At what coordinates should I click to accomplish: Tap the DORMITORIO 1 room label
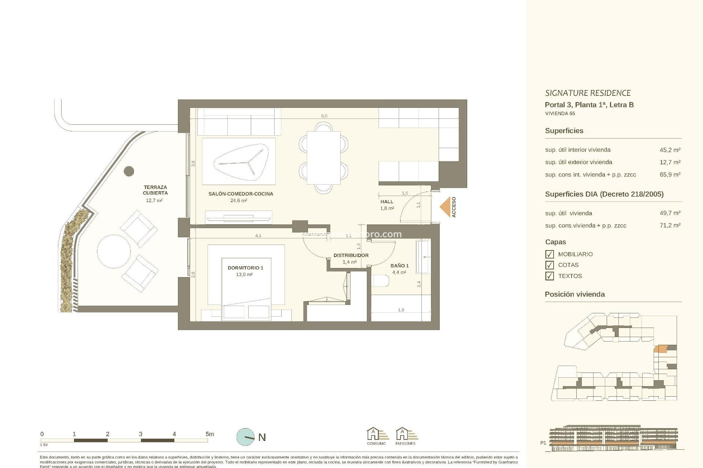[245, 268]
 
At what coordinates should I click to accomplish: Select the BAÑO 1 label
[399, 266]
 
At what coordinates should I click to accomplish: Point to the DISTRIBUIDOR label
[351, 255]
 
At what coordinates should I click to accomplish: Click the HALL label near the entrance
[387, 201]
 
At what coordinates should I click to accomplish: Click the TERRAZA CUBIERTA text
[155, 190]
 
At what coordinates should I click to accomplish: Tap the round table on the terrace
[114, 252]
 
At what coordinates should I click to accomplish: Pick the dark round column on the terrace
[129, 171]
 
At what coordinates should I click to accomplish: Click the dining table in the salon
[323, 158]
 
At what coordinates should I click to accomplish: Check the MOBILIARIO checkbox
[549, 254]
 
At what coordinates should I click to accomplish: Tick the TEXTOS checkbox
[549, 276]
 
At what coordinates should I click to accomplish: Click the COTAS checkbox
[549, 265]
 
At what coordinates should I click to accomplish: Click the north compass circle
[246, 437]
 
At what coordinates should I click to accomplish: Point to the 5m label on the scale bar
[209, 434]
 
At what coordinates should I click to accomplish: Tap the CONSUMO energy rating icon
[376, 435]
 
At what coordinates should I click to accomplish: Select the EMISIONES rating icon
[405, 435]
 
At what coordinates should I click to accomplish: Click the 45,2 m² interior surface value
[670, 150]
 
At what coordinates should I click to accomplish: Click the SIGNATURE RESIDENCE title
[588, 93]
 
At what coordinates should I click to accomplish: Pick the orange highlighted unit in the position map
[660, 348]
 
